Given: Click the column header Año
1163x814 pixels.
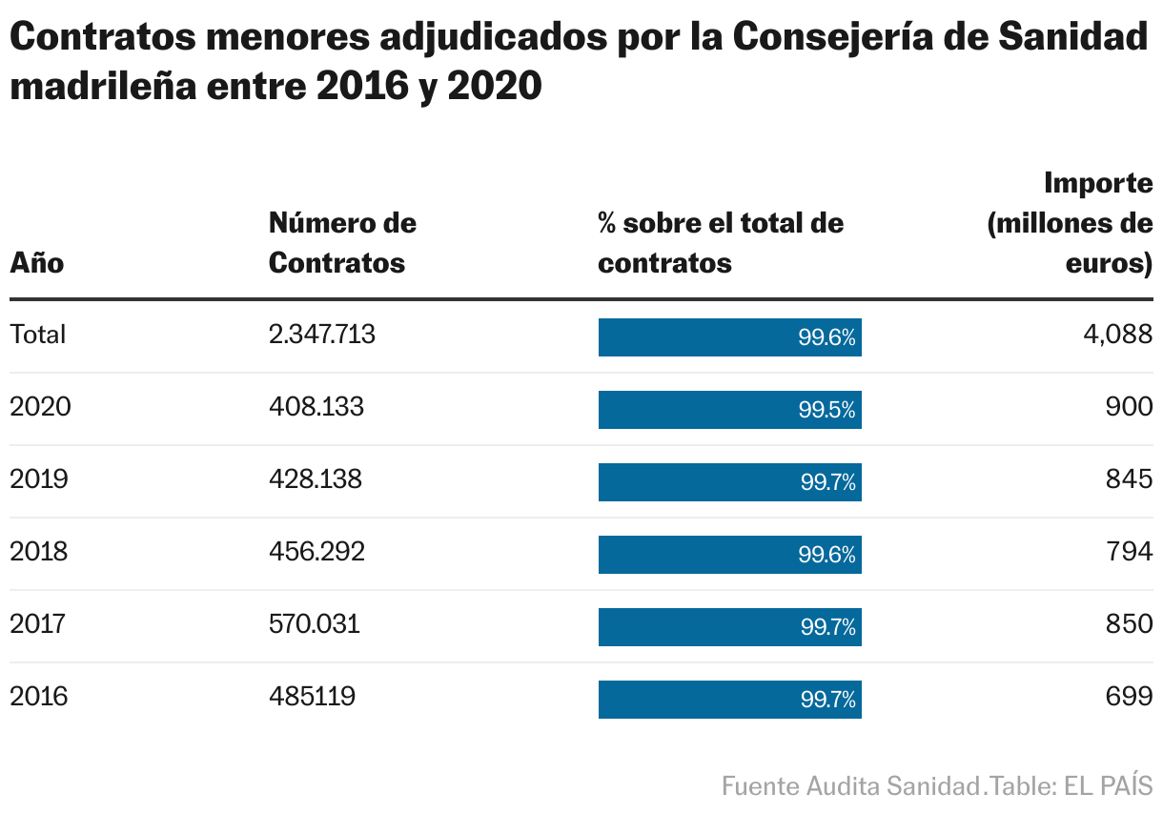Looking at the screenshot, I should (36, 262).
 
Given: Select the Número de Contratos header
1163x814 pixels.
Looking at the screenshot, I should (342, 243).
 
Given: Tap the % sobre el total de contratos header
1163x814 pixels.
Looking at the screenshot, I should (720, 243).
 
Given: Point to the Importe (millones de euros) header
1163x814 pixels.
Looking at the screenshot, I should (1071, 223).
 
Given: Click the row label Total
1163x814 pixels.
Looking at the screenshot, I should (37, 335).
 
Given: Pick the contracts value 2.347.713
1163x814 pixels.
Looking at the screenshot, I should (321, 335).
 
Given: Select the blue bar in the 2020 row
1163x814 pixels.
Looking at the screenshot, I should (729, 410).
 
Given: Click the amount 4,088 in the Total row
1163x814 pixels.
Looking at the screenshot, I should (1121, 335).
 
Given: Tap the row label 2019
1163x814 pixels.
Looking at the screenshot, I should (38, 478).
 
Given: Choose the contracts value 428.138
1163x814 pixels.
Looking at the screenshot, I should (316, 478).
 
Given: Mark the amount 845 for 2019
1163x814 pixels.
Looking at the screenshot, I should (1129, 478).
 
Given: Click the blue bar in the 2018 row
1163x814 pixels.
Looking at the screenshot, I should (729, 555).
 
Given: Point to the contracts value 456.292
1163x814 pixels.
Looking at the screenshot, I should (316, 551).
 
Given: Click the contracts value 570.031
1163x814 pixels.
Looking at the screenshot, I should (315, 623).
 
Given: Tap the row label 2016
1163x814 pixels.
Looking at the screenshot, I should (38, 696).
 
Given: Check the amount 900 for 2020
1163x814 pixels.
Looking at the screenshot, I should (1129, 407).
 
